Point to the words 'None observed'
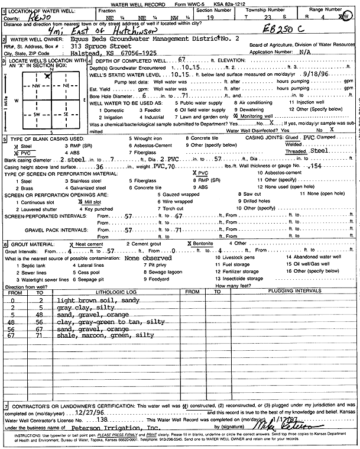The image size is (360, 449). (x=148, y=258)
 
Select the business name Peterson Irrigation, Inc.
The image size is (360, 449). (x=116, y=425)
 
